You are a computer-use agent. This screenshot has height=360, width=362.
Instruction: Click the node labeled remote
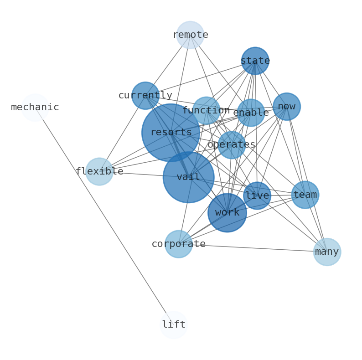point(190,35)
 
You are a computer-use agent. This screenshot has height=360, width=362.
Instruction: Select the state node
point(255,61)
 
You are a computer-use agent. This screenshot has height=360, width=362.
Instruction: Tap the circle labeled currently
point(145,96)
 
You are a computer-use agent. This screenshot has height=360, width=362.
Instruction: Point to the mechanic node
point(35,108)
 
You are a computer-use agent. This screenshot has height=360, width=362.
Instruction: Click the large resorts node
point(171,133)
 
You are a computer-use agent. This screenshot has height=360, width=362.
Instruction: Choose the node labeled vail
point(188,177)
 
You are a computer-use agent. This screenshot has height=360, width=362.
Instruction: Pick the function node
point(206,111)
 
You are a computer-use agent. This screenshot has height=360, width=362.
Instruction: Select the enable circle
point(251,113)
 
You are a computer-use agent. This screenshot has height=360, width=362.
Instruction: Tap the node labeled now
point(287,107)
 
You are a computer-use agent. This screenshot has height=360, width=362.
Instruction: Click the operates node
point(232,145)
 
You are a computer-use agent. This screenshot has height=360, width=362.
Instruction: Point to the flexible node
point(99,171)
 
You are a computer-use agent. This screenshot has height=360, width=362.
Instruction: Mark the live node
point(257,196)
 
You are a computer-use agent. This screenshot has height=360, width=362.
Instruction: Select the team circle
point(305,195)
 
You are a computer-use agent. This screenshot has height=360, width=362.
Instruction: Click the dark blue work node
point(227,213)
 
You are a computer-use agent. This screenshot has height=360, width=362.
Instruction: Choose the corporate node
point(179,244)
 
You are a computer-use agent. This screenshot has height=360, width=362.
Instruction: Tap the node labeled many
point(327,252)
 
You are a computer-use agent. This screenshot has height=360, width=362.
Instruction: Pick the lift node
point(174,325)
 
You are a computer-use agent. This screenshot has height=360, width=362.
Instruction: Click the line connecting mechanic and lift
point(104,216)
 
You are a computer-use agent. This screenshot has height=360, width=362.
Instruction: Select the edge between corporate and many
point(253,248)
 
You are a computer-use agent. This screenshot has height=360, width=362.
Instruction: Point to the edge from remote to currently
point(168,65)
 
